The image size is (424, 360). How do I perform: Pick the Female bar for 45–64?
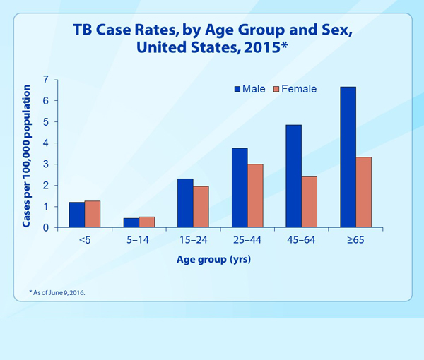coord(310,202)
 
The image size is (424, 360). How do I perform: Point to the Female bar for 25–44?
coord(255,196)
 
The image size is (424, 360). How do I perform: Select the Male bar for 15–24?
coord(185,203)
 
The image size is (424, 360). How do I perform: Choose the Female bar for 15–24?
coord(201,207)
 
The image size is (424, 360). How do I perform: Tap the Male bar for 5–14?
coord(131,223)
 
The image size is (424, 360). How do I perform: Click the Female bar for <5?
coord(93,215)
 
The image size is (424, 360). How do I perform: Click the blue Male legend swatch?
coord(237,89)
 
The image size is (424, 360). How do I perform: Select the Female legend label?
coord(299,89)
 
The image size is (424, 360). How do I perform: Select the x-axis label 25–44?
coord(247,241)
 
